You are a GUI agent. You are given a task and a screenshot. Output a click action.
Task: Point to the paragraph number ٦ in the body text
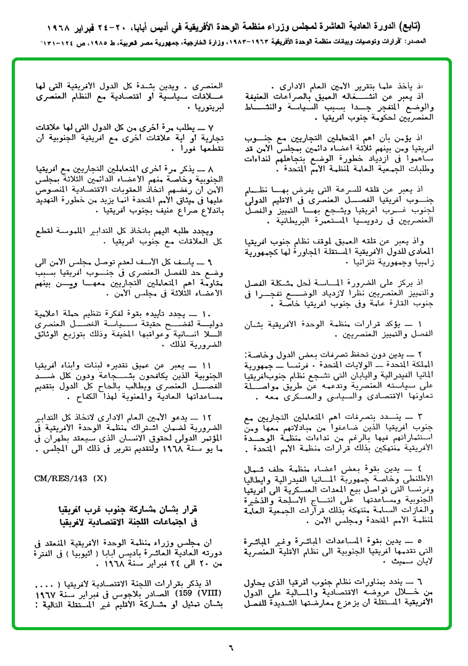pyautogui.click(x=420, y=581)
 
